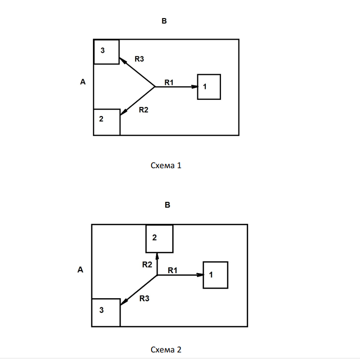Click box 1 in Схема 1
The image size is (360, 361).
pos(209,86)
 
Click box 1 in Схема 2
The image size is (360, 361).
pos(215,275)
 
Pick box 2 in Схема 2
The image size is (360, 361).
pos(159,238)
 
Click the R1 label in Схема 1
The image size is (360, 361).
pos(169,82)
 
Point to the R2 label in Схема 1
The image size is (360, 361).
pos(144,109)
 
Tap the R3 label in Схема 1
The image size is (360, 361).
pos(139,59)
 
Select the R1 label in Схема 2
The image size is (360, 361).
pos(173,270)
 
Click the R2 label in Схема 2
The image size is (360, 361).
pos(147,265)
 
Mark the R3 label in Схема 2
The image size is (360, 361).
pos(145,298)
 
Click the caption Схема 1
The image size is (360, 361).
pos(166,165)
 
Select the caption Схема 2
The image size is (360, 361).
pos(166,348)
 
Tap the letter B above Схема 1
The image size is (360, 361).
pos(164,21)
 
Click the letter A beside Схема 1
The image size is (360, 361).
pos(83,81)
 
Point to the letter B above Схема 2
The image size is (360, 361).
pos(168,205)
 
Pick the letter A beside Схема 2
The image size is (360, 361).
pos(80,270)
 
